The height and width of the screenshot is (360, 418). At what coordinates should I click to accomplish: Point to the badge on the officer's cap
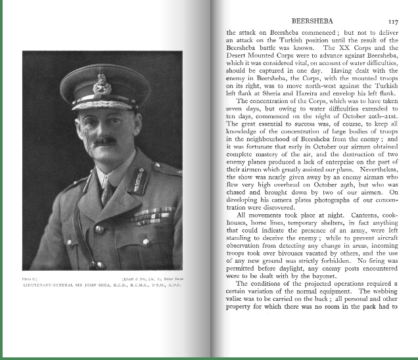(x=101, y=83)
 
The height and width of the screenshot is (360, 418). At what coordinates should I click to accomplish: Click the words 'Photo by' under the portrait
(x=32, y=270)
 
